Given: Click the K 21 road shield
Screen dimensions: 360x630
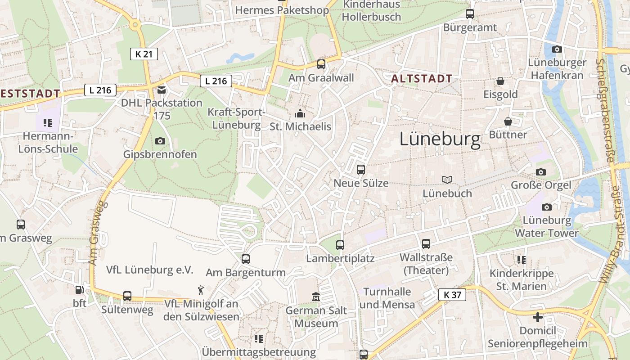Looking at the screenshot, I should pos(144,54).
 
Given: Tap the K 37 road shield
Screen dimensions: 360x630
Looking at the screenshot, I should pos(452,295).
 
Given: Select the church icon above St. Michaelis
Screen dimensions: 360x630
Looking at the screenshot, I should pos(300,113).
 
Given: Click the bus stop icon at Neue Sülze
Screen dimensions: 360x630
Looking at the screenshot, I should pos(361,170).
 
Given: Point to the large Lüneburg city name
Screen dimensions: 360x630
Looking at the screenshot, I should pos(440,140).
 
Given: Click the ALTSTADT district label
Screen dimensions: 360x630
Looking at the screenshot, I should pos(422,79).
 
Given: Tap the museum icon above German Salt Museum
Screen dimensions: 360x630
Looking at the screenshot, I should pos(316,297).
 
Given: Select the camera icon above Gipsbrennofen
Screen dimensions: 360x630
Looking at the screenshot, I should pos(160,141).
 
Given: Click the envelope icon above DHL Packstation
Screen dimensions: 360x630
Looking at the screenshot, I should pos(162,90).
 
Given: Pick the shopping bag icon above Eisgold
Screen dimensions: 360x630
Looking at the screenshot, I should pos(500,81).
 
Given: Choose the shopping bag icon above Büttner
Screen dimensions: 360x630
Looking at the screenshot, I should pos(508,121).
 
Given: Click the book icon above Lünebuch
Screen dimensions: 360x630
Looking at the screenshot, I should pos(447,180).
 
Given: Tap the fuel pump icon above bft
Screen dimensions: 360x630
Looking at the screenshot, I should pos(80,290).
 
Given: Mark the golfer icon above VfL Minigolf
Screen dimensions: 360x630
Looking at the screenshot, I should pos(201,290).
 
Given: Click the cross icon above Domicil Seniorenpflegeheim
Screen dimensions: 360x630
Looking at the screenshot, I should pos(538,317).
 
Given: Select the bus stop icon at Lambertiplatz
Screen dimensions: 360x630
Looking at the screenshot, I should pos(340,245).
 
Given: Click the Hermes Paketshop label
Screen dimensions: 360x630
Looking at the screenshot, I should pos(282,10).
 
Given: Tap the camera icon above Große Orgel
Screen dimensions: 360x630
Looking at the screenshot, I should pos(541,172).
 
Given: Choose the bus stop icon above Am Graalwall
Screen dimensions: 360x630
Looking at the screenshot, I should pos(321,64).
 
